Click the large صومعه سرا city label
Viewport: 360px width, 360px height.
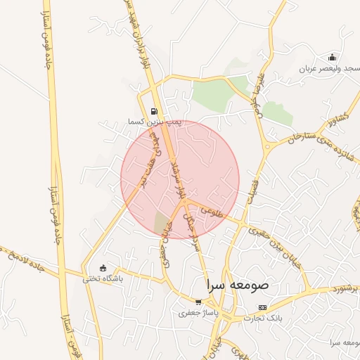[238, 287]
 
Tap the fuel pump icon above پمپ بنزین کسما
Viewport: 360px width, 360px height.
[154, 111]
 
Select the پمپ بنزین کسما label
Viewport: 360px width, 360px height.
[154, 122]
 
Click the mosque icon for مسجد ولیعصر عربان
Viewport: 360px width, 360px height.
[332, 58]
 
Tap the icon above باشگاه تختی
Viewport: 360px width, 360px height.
[103, 268]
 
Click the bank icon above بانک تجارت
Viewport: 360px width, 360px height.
[263, 307]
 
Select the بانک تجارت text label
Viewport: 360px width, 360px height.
[263, 319]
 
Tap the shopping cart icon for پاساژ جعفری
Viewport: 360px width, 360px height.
[199, 302]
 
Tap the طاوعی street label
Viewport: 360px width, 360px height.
[211, 210]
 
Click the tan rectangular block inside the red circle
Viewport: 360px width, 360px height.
[162, 223]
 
